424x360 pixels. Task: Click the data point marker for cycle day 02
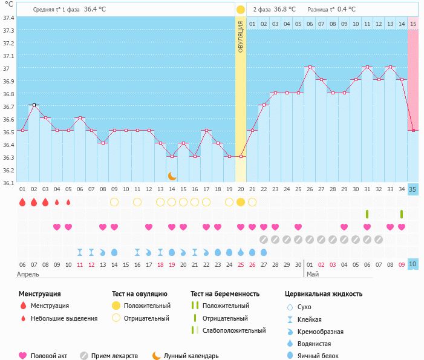34,105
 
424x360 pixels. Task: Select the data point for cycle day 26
310,67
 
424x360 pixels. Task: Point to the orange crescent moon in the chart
172,175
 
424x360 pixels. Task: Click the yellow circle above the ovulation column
241,10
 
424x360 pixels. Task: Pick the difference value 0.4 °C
346,10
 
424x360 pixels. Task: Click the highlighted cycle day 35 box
413,189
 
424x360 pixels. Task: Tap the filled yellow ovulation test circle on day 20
241,202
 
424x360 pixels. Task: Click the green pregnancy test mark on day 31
367,214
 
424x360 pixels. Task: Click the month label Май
312,274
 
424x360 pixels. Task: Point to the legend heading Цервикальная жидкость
323,294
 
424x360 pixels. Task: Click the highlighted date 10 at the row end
413,264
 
